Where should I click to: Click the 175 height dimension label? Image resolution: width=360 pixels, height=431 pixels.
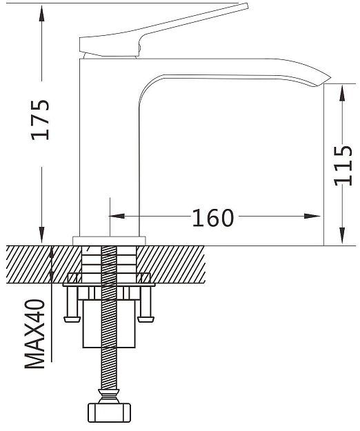pos(40,120)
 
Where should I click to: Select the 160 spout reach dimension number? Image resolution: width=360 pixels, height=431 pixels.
pos(213,218)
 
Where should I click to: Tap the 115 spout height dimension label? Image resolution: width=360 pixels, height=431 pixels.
pos(343,166)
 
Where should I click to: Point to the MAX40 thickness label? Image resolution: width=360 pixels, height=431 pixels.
pos(35,334)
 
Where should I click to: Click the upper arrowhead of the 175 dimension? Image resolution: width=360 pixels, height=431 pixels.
pos(41,13)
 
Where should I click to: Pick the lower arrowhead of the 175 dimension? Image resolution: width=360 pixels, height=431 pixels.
pos(41,235)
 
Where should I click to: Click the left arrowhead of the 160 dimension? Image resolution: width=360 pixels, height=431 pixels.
pos(117,216)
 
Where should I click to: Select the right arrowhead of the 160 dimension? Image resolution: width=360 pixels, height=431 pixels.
pos(312,216)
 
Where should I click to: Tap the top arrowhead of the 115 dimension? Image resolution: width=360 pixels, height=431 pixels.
pos(342,94)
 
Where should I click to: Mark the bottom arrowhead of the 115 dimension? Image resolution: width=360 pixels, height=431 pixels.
pos(342,236)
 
